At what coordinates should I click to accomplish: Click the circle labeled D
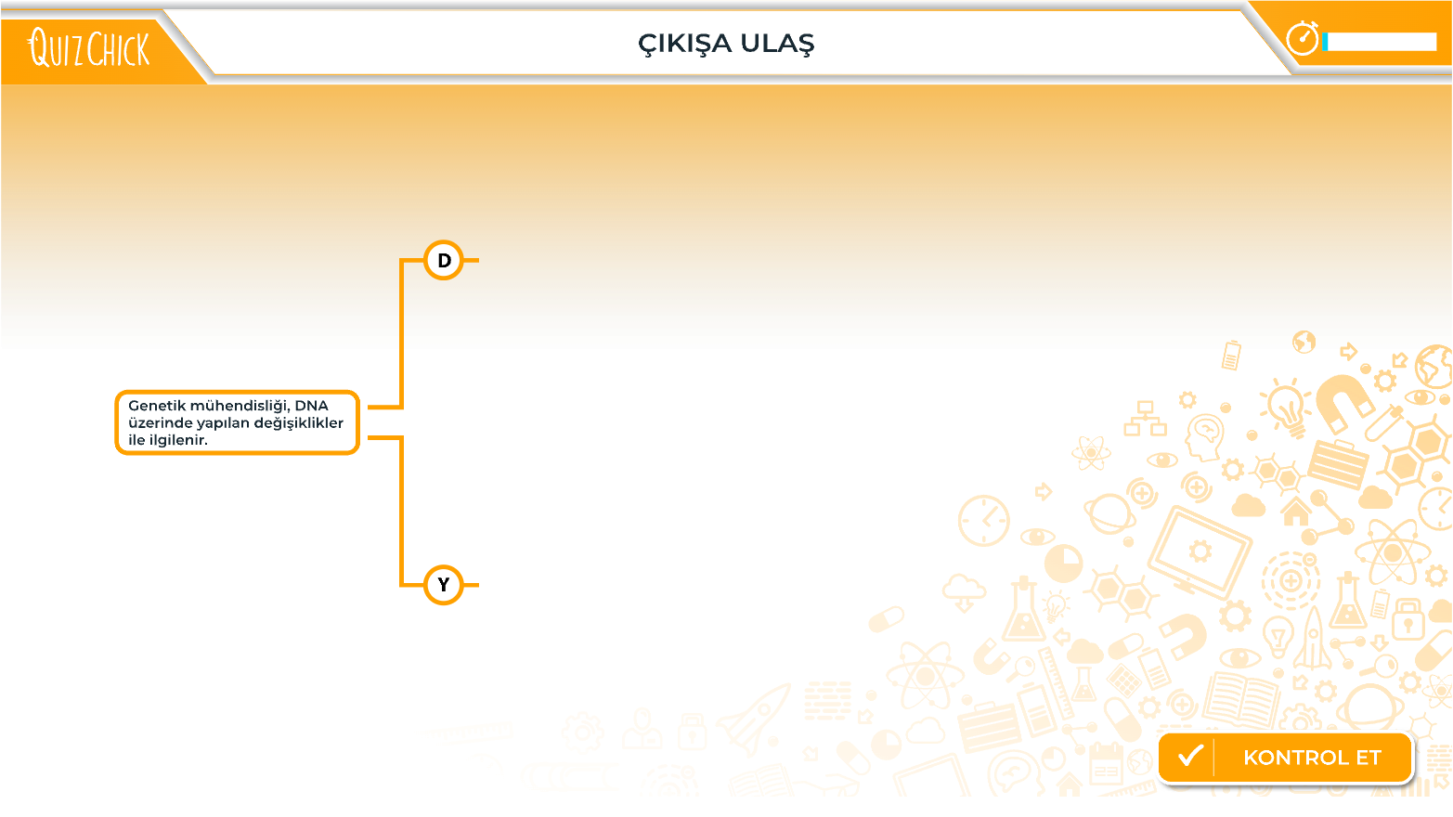coord(444,261)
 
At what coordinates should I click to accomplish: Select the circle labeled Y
coord(444,585)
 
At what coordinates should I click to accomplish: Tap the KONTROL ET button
coord(1285,758)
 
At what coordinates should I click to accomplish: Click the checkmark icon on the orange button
coord(1190,756)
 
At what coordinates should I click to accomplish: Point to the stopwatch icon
coord(1303,38)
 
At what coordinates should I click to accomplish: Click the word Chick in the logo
coord(118,48)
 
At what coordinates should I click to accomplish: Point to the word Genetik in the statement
coord(156,406)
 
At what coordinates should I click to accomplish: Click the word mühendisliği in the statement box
coord(239,407)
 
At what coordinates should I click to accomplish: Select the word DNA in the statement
coord(311,406)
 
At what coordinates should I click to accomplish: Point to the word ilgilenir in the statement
coord(177,440)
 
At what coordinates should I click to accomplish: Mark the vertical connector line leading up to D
coord(401,334)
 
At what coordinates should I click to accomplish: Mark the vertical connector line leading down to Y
coord(401,512)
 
